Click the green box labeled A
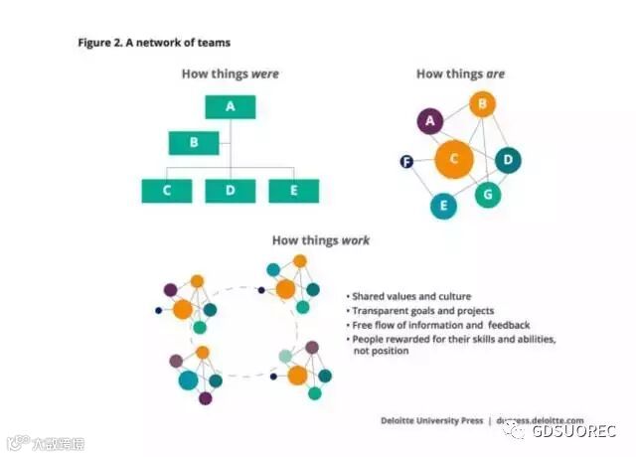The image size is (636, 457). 231,106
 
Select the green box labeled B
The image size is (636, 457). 194,142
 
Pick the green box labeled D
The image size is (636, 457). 231,191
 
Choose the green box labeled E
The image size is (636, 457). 293,191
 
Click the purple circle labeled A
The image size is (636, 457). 430,121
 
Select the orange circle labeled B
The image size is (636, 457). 482,102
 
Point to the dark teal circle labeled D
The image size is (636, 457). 508,160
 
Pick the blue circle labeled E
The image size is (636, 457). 442,206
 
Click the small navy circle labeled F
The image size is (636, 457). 405,161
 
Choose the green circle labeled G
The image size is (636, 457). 486,194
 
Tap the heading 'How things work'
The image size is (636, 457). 321,240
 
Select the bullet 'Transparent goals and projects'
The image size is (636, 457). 421,310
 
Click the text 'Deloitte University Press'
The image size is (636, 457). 431,420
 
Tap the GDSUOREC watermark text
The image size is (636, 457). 573,430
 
